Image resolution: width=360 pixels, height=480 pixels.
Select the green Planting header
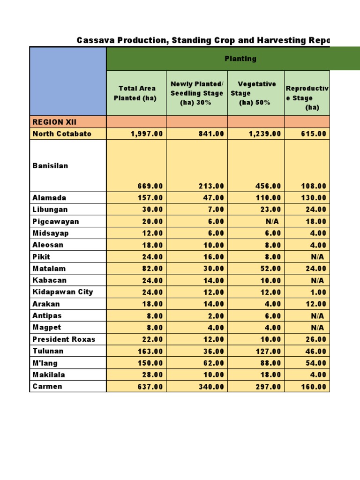click(x=240, y=59)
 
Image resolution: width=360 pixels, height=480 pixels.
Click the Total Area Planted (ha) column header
click(x=136, y=93)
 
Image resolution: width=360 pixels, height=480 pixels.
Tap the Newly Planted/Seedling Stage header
click(x=197, y=93)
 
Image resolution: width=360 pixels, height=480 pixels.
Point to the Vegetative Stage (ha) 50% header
click(x=256, y=93)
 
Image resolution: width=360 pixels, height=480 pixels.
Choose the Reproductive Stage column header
click(x=307, y=97)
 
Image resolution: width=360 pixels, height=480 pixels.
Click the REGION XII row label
click(x=48, y=122)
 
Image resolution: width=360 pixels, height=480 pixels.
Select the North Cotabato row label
click(x=62, y=134)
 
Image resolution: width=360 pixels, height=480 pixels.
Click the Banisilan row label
click(x=50, y=165)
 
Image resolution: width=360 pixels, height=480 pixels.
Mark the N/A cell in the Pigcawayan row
click(x=272, y=221)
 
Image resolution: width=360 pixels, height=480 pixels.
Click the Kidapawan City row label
click(x=63, y=292)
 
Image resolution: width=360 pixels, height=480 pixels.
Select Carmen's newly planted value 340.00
click(x=210, y=387)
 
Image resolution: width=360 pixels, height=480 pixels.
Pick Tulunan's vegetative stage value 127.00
click(x=269, y=351)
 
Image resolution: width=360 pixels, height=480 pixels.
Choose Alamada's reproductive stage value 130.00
click(x=314, y=198)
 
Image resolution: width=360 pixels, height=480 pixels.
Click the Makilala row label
click(x=49, y=375)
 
